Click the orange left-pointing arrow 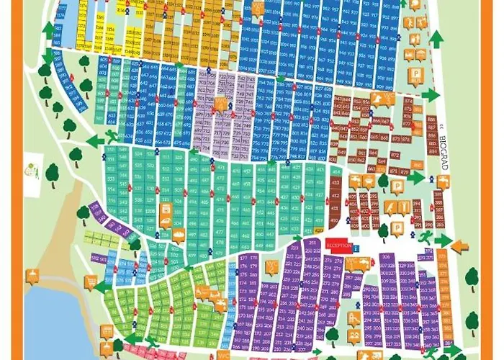pyautogui.click(x=459, y=246)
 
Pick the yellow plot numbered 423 pyautogui.click(x=318, y=230)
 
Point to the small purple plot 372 pyautogui.click(x=429, y=252)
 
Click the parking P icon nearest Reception pyautogui.click(x=383, y=179)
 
